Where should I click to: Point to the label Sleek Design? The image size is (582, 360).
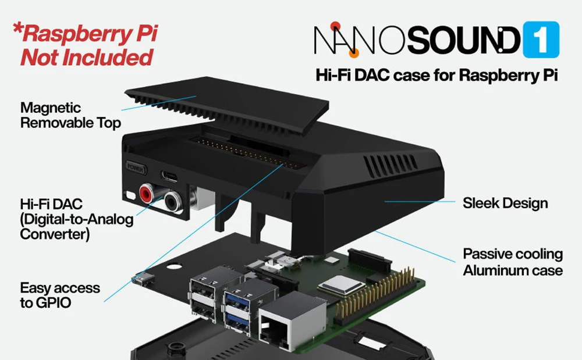[505, 203]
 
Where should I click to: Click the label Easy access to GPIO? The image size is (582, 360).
[60, 295]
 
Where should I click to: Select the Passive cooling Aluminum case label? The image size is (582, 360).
[513, 262]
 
